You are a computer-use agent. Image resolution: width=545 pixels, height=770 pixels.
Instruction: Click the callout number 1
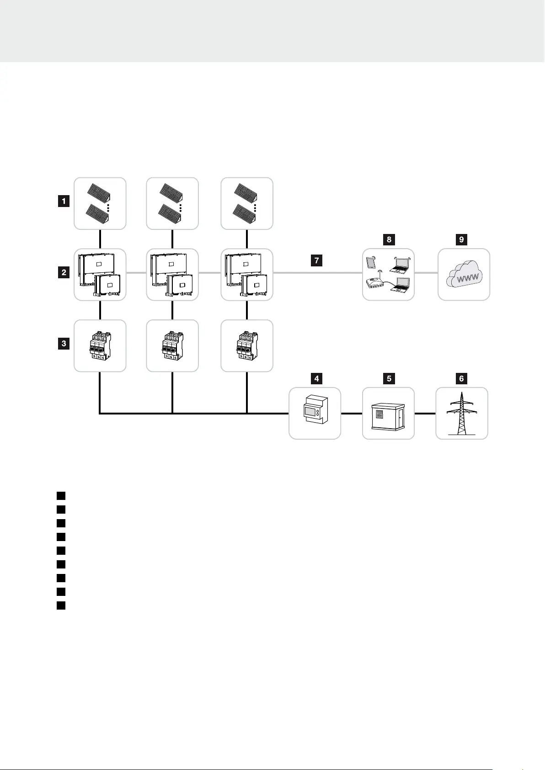tap(64, 201)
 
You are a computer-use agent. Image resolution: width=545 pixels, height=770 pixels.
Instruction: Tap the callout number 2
tap(64, 273)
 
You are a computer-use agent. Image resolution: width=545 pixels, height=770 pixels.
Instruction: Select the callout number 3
tap(64, 343)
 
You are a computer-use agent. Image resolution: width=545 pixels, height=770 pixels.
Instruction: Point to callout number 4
tap(316, 378)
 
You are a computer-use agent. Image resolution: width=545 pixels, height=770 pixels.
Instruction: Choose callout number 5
tap(389, 378)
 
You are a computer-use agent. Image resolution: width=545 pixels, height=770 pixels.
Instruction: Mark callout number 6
tap(461, 378)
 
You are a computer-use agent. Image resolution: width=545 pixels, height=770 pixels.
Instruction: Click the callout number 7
tap(316, 261)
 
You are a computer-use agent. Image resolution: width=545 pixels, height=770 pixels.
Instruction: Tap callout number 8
tap(389, 239)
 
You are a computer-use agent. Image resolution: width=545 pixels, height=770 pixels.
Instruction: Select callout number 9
tap(461, 239)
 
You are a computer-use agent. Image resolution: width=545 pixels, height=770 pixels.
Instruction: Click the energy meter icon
tap(315, 414)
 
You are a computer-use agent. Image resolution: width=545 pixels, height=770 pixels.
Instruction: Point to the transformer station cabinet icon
tap(388, 414)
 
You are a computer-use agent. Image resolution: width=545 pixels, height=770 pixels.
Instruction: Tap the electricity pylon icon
tap(462, 414)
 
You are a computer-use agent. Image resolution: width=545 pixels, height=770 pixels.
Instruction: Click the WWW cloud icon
tap(464, 275)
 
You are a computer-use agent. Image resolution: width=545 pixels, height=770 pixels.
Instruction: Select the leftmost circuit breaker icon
tap(100, 346)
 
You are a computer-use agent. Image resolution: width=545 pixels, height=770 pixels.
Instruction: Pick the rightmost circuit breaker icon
tap(247, 346)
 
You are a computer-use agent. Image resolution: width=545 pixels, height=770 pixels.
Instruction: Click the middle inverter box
tap(172, 275)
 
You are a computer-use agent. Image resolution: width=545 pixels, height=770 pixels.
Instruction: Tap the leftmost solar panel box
tap(100, 203)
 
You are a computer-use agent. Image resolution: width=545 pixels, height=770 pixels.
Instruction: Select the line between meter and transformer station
tap(352, 414)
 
